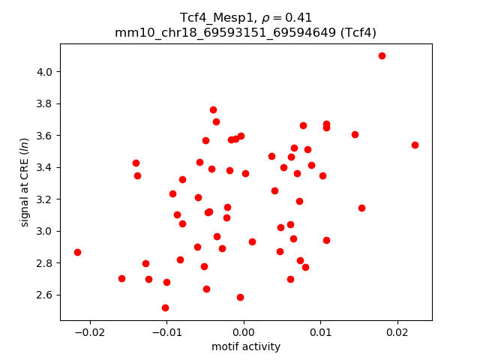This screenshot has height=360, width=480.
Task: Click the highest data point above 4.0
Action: [382, 55]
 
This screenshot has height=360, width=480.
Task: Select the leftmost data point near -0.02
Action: [77, 252]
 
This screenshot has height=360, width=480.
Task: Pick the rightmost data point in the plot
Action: [415, 145]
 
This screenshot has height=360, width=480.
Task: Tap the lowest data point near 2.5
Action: [165, 307]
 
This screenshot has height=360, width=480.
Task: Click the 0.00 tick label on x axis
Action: [244, 331]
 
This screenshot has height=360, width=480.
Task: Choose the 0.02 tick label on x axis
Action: [397, 331]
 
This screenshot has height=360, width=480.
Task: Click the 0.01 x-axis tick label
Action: [320, 331]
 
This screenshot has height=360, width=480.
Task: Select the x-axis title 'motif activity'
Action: [246, 346]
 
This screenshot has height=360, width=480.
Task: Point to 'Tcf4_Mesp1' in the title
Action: [211, 17]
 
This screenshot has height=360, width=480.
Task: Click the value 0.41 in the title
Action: [299, 17]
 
